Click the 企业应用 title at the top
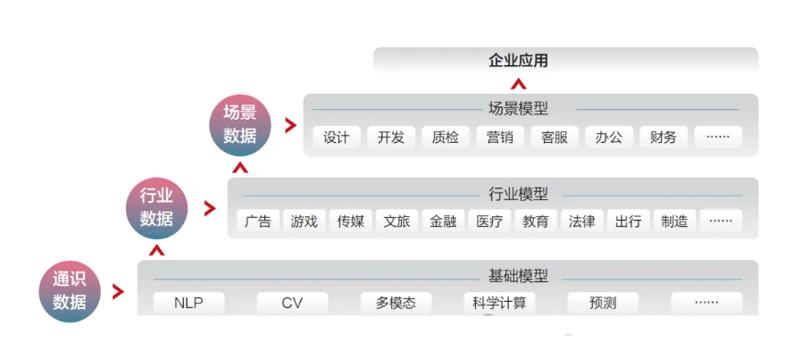tap(518, 61)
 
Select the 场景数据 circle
tap(239, 124)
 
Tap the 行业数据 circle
tap(156, 207)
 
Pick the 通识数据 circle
tap(69, 290)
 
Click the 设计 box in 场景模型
tap(337, 138)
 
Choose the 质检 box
tap(445, 138)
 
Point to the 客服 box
tap(555, 138)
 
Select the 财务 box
tap(664, 138)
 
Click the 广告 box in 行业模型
tap(257, 222)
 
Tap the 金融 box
tap(443, 222)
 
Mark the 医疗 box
tap(489, 222)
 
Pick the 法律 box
tap(582, 222)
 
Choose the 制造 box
tap(675, 222)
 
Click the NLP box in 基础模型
tap(189, 303)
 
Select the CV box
tap(292, 303)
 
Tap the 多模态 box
tap(396, 303)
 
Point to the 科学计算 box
tap(499, 303)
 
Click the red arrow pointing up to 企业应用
tap(518, 83)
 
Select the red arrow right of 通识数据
tap(118, 291)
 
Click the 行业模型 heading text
tap(518, 194)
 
